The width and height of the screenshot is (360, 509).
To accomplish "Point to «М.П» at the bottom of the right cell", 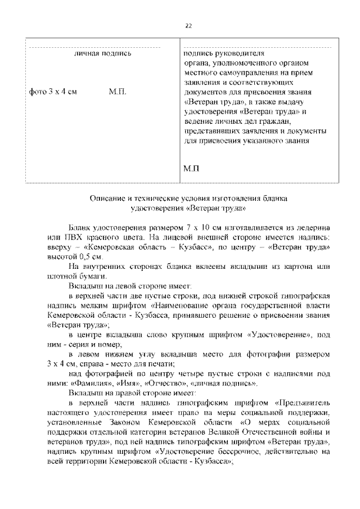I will [x=192, y=168].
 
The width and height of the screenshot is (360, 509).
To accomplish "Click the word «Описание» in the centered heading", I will [x=107, y=199].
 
